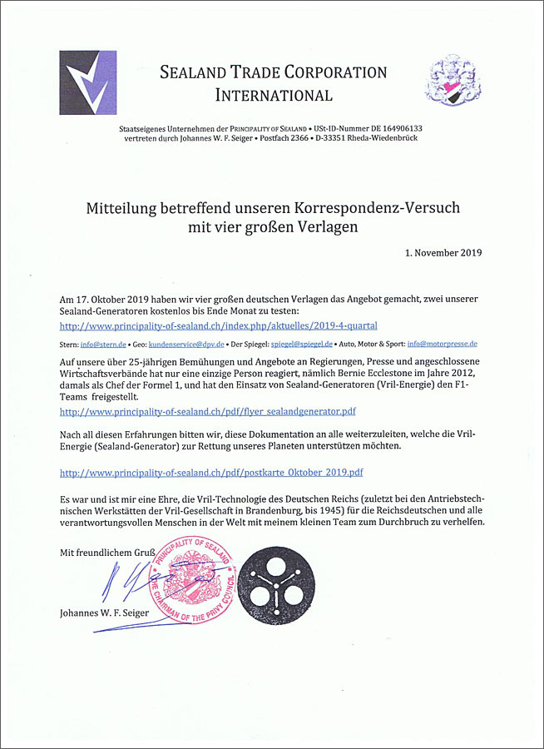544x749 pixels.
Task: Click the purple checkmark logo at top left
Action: point(87,82)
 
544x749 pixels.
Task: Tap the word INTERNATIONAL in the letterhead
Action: point(274,95)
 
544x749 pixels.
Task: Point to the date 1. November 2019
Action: point(443,252)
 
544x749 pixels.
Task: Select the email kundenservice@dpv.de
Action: point(184,343)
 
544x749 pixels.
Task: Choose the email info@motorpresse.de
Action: point(442,343)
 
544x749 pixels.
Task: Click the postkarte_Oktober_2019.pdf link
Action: point(212,472)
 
